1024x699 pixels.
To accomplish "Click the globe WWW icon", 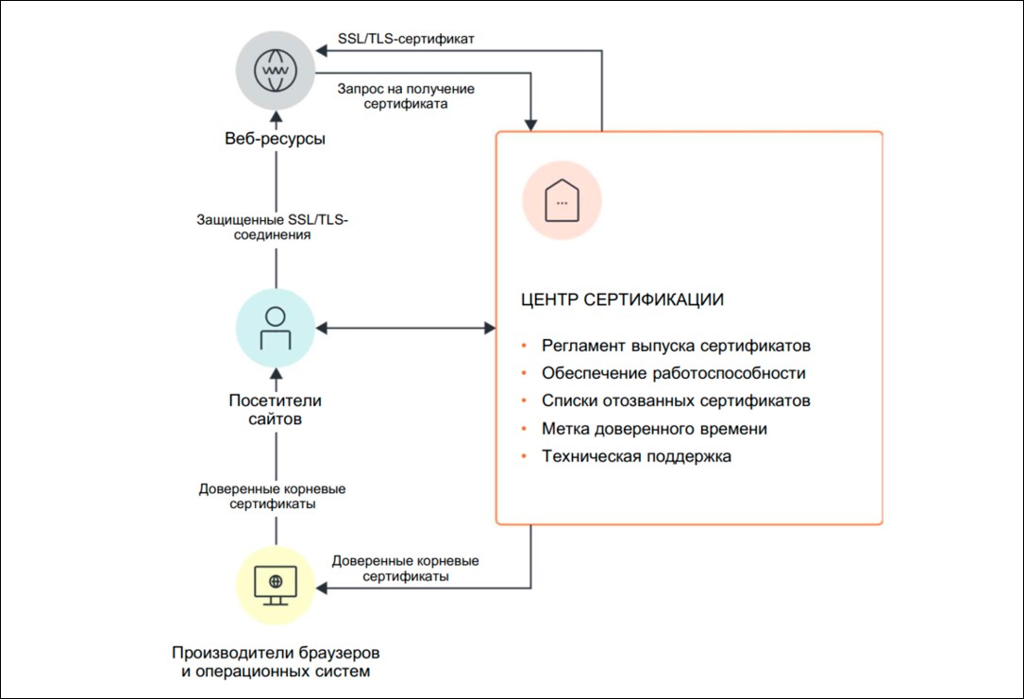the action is tap(276, 70).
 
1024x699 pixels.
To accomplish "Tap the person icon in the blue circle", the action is tap(276, 328).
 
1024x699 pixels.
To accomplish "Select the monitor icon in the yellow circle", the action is tap(276, 586).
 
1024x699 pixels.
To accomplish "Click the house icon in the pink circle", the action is tap(562, 201).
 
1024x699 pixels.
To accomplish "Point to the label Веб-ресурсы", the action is tap(275, 139).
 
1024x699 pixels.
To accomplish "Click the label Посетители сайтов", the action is tap(275, 409).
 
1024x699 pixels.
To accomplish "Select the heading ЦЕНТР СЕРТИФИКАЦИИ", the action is tap(622, 299).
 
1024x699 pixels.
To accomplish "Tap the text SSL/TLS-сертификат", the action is tap(406, 39).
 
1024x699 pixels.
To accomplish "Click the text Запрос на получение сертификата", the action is tap(406, 96).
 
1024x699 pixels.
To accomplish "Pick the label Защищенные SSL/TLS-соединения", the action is tap(273, 227).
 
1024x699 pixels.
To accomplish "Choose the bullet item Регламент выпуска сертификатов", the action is tap(676, 346).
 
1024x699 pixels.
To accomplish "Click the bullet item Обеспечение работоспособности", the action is tap(673, 373).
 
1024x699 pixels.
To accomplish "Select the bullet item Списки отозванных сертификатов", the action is tap(676, 401).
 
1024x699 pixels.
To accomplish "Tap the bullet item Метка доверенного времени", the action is tap(654, 428).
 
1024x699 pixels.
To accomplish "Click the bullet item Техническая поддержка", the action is tap(636, 455).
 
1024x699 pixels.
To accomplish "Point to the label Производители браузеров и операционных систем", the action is tap(276, 662).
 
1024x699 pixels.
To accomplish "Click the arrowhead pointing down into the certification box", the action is tap(530, 125).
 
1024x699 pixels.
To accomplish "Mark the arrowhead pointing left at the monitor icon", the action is tap(321, 588).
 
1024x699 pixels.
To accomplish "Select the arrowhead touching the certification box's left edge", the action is tap(490, 328).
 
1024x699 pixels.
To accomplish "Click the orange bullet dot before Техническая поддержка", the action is tap(524, 455).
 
